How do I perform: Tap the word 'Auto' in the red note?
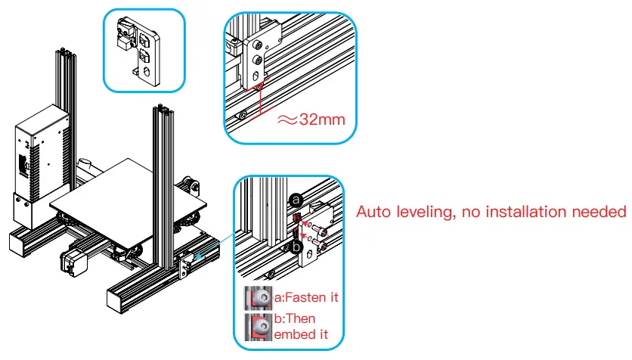pyautogui.click(x=376, y=213)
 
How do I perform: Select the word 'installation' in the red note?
pyautogui.click(x=512, y=213)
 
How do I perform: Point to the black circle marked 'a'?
pyautogui.click(x=296, y=199)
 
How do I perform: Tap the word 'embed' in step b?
pyautogui.click(x=290, y=333)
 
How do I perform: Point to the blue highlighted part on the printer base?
pyautogui.click(x=200, y=256)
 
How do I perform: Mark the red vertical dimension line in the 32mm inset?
pyautogui.click(x=259, y=102)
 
